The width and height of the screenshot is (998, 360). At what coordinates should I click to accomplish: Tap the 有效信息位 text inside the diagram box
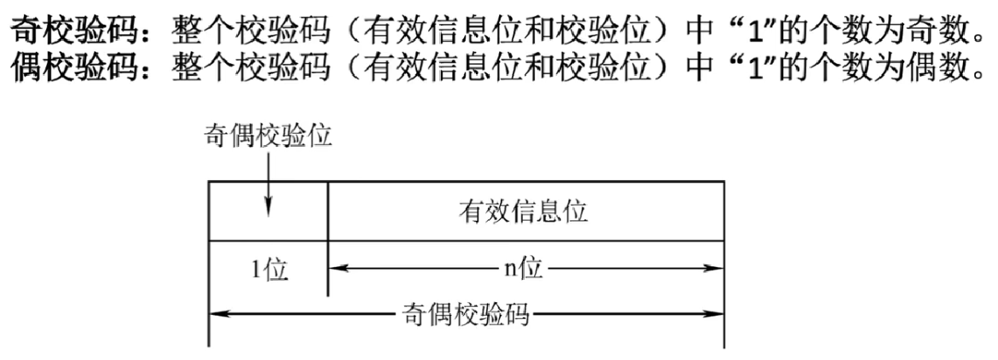[x=525, y=212]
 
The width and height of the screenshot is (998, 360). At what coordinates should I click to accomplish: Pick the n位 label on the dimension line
[x=521, y=269]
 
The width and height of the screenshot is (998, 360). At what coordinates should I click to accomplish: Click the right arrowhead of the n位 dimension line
[x=717, y=269]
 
